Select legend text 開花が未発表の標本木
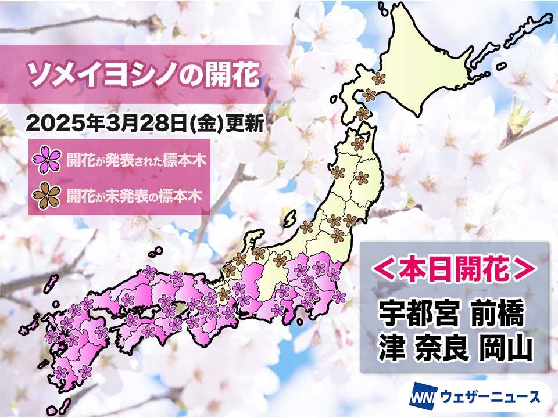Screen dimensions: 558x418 tap(134, 196)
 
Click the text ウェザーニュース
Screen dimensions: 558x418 tap(485, 398)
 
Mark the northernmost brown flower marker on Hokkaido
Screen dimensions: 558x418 tap(379, 78)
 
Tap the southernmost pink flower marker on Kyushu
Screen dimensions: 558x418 tap(85, 371)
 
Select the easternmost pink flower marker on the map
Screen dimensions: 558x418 tap(339, 297)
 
